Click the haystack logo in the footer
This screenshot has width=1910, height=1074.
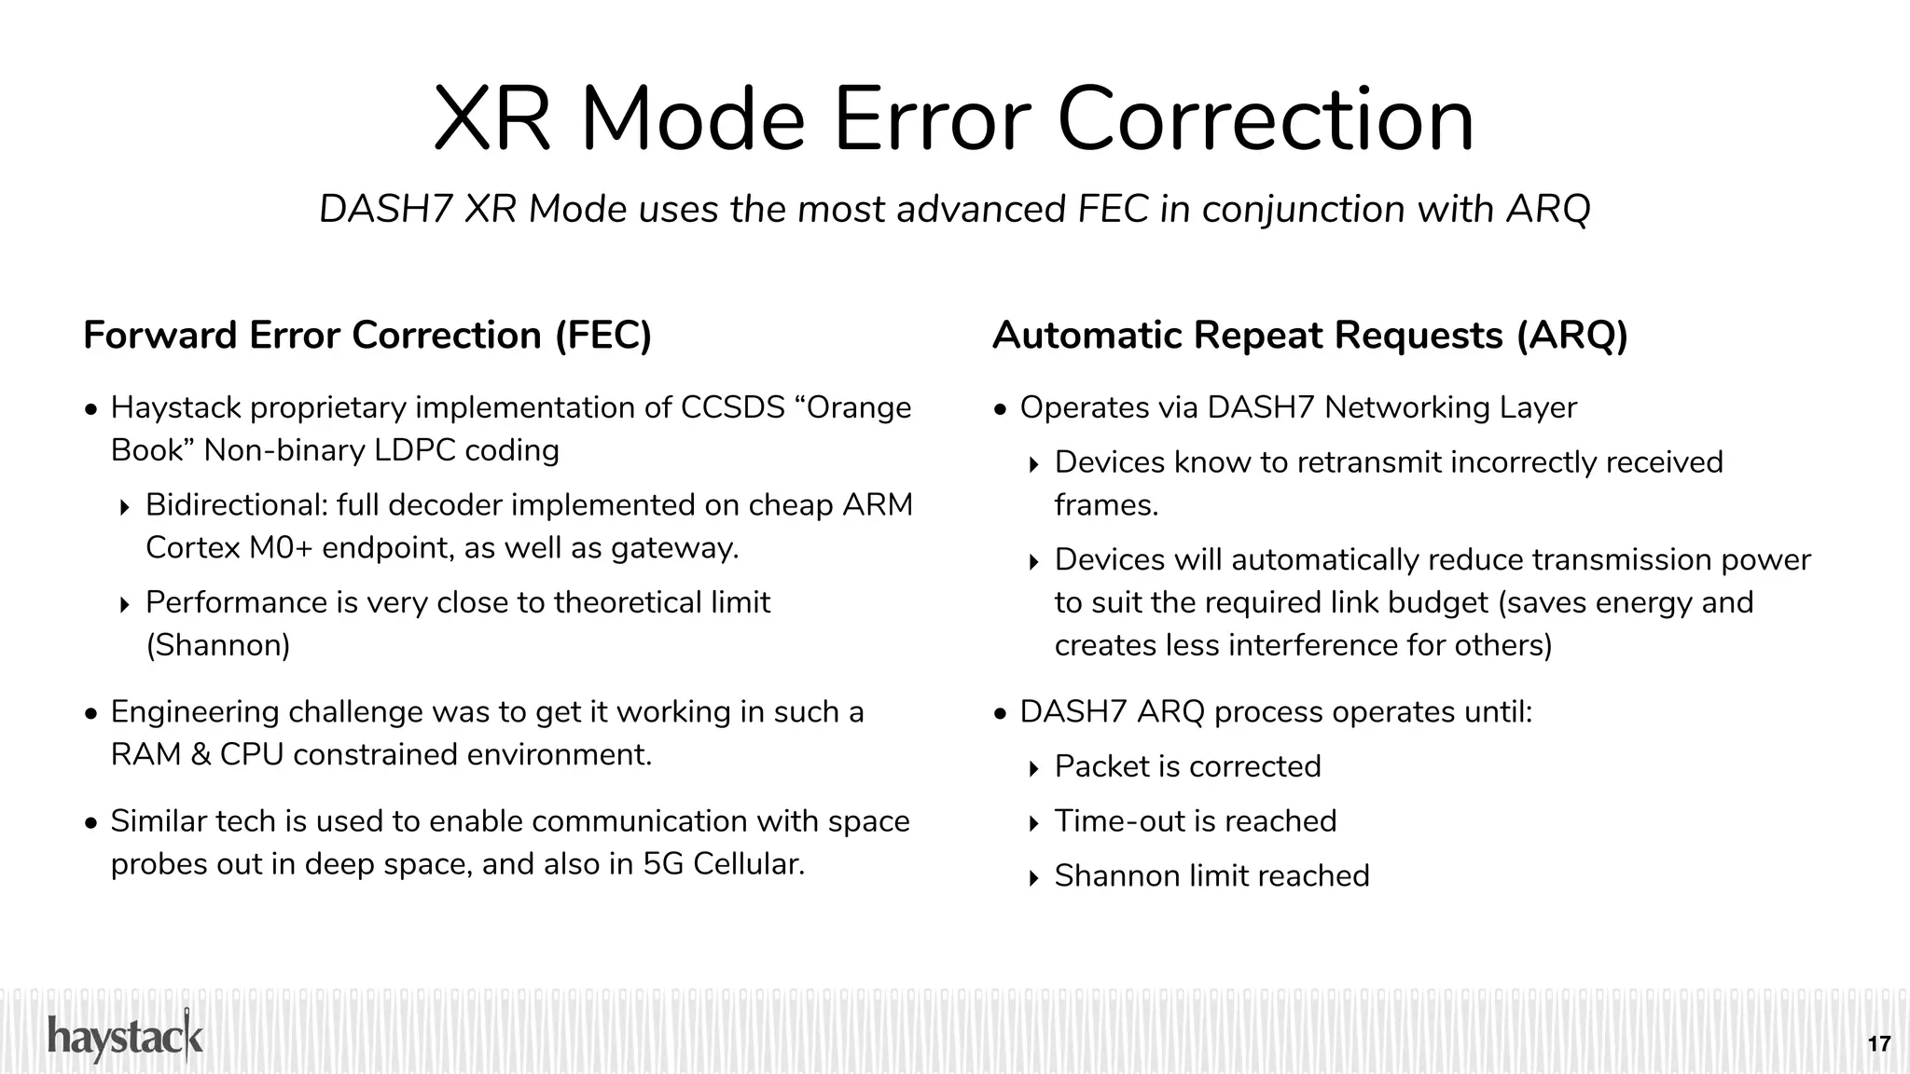pos(125,1038)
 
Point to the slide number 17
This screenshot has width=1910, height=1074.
pos(1878,1043)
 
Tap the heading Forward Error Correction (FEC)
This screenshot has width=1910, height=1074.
pos(367,336)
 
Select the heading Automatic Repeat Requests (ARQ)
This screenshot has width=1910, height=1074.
pos(1309,336)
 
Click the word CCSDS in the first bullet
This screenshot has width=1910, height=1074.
pos(733,407)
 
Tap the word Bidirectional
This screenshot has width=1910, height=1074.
pos(237,505)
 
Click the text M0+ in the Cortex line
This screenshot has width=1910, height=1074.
pos(280,547)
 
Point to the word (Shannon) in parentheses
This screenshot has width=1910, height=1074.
pos(218,645)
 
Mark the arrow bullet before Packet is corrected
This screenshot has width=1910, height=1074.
pos(1033,769)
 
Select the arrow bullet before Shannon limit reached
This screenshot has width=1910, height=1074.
pos(1033,878)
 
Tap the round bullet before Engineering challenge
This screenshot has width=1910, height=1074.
pos(90,714)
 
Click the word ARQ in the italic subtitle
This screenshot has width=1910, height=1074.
pos(1548,209)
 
